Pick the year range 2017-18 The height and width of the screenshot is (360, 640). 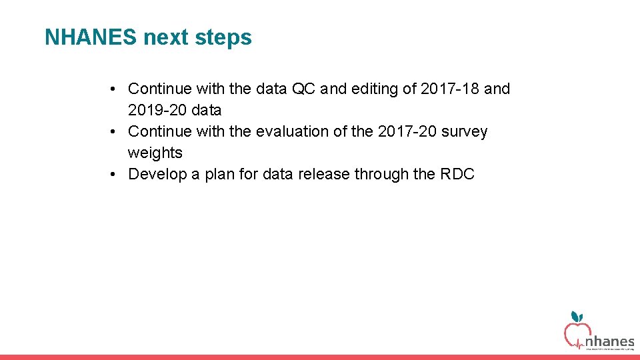(451, 89)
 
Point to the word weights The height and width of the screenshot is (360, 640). (155, 153)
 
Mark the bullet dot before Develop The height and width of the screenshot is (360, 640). (115, 174)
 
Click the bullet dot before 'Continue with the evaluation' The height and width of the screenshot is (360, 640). (115, 131)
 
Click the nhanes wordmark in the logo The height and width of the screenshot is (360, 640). (609, 341)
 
